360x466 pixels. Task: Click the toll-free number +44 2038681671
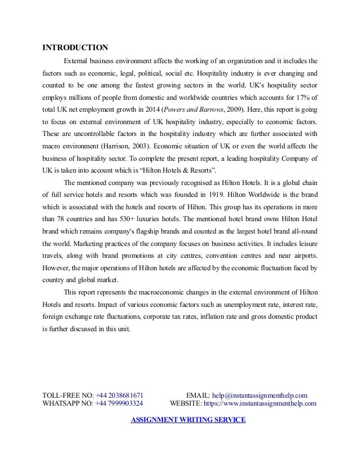119,395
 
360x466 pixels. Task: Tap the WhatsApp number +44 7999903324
118,403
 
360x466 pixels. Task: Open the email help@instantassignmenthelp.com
259,395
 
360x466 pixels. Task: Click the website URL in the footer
260,403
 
